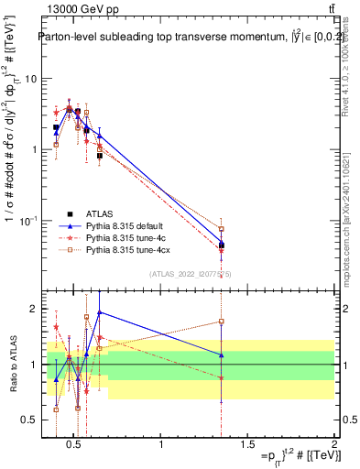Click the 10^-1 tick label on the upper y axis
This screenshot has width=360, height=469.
click(x=30, y=221)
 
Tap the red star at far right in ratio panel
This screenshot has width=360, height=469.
click(x=221, y=377)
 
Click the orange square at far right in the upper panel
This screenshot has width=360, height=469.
click(x=221, y=229)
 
